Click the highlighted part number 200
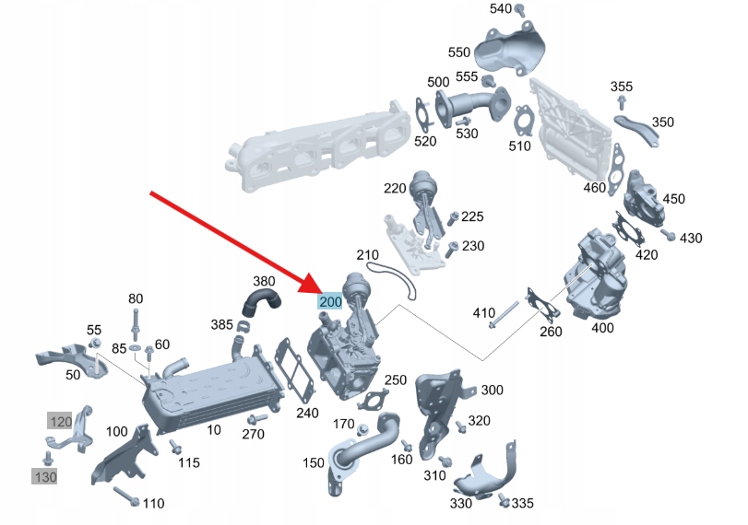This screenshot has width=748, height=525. [x=330, y=301]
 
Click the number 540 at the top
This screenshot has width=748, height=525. [x=500, y=9]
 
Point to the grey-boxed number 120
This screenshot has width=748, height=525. [x=60, y=422]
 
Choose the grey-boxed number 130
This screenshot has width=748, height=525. [x=44, y=476]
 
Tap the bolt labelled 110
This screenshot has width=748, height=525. [x=126, y=497]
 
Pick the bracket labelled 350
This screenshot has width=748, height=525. [x=640, y=130]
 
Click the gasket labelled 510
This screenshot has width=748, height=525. [x=524, y=121]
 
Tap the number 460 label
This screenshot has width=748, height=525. [x=595, y=189]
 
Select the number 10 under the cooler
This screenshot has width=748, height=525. [x=214, y=428]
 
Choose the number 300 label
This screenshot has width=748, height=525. [x=492, y=391]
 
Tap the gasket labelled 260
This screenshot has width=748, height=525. [x=536, y=305]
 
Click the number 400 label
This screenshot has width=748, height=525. [x=601, y=328]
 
